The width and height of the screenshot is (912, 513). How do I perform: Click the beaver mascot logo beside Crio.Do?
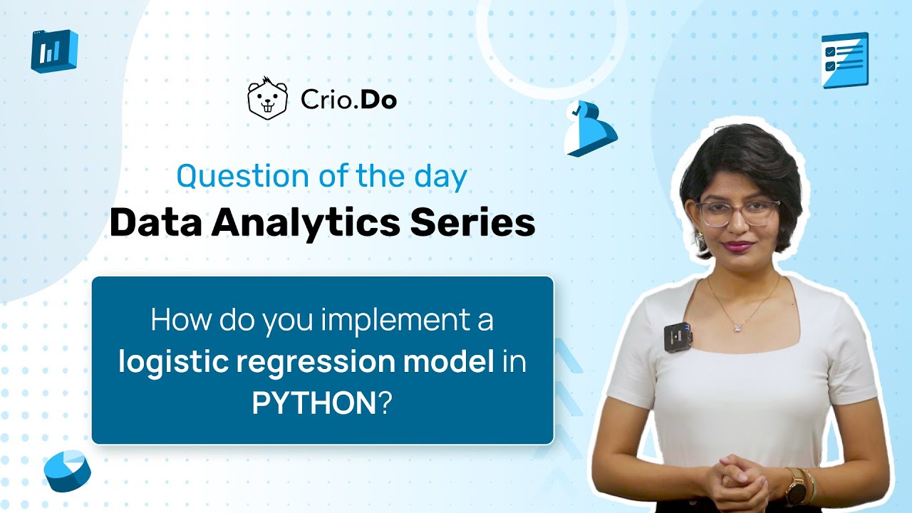tap(267, 99)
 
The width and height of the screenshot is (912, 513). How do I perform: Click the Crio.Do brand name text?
tap(348, 100)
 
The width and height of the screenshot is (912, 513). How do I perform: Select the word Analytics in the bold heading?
tap(306, 223)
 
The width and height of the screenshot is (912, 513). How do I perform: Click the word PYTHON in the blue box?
tap(313, 404)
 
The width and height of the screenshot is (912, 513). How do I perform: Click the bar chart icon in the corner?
tap(53, 51)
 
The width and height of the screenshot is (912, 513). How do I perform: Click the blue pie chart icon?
tap(67, 470)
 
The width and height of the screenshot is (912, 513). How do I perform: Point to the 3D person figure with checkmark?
tap(589, 128)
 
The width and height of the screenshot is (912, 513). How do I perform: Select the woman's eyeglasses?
tap(737, 212)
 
